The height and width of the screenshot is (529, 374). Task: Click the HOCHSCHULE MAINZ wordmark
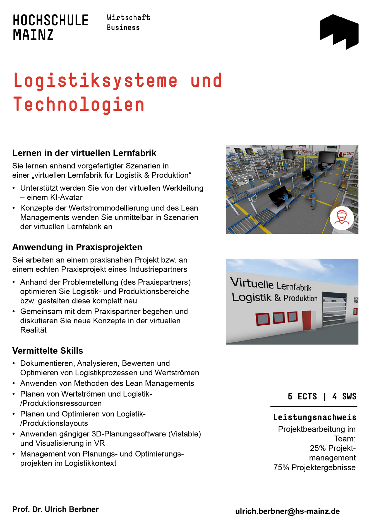[x=51, y=27]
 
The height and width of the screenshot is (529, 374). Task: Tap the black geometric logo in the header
[x=339, y=31]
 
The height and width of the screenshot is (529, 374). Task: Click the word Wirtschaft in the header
[x=129, y=18]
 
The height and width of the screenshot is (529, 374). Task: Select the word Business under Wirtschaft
[x=123, y=28]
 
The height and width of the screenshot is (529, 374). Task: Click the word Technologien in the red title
[x=79, y=104]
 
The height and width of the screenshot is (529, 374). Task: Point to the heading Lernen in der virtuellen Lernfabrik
[x=84, y=153]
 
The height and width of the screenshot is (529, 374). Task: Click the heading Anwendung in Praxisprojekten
[x=77, y=247]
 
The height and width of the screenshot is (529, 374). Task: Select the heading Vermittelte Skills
[x=48, y=351]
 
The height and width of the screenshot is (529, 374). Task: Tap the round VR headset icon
[x=342, y=218]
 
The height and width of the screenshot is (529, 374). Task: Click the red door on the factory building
[x=307, y=320]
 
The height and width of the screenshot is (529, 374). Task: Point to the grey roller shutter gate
[x=334, y=309]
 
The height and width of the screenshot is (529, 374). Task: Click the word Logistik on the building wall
[x=251, y=297]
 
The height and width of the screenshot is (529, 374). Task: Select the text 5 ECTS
[x=302, y=396]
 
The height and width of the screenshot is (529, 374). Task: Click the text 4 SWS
[x=344, y=396]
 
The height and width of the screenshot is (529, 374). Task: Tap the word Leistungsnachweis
[x=315, y=417]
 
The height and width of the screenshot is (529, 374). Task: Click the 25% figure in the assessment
[x=318, y=448]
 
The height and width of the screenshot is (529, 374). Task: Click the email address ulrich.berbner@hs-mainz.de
[x=287, y=511]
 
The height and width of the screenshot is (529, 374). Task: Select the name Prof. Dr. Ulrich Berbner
[x=56, y=509]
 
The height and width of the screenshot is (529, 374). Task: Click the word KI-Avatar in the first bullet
[x=66, y=198]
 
